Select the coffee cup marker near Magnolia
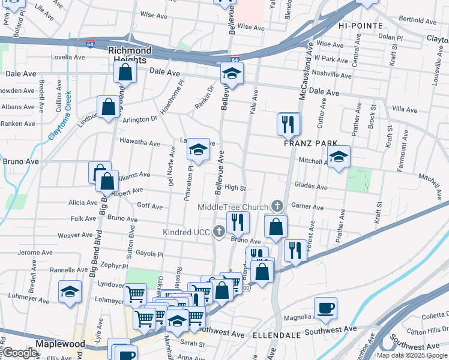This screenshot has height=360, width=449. tap(325, 308)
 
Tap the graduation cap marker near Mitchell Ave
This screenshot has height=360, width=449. tap(339, 157)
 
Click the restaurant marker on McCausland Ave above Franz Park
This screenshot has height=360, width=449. tap(289, 124)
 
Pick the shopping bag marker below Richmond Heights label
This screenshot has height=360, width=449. tap(125, 73)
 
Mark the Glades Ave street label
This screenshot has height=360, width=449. tap(310, 187)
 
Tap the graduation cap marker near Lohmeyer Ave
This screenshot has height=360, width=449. tap(70, 292)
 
